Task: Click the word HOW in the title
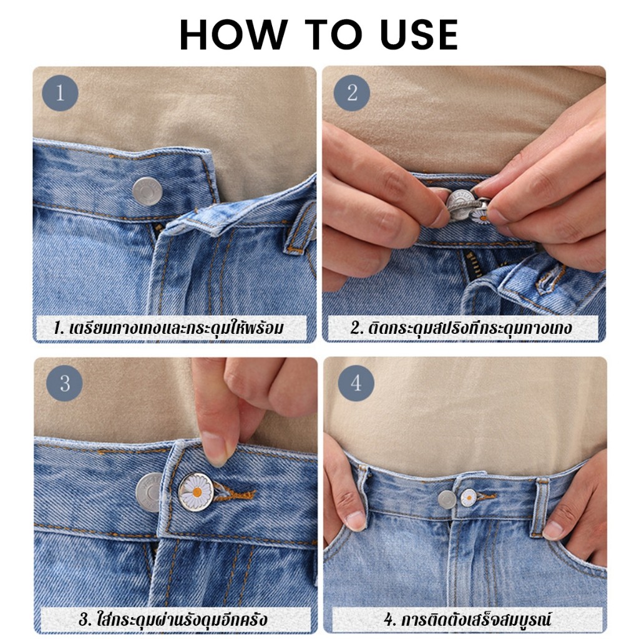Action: point(233,34)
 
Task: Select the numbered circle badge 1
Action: point(60,93)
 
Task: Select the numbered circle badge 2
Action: point(352,93)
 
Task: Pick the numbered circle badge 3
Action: point(64,384)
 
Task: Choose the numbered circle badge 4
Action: point(356,384)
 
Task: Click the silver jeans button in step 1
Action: point(147,191)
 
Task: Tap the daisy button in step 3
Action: point(196,492)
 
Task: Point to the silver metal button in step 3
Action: point(149,492)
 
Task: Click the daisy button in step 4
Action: point(469,497)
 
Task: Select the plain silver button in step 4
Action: point(447,500)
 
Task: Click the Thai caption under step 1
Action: point(168,328)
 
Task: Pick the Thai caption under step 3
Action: point(173,620)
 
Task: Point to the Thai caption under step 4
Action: point(467,620)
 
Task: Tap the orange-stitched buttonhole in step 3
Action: point(235,495)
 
